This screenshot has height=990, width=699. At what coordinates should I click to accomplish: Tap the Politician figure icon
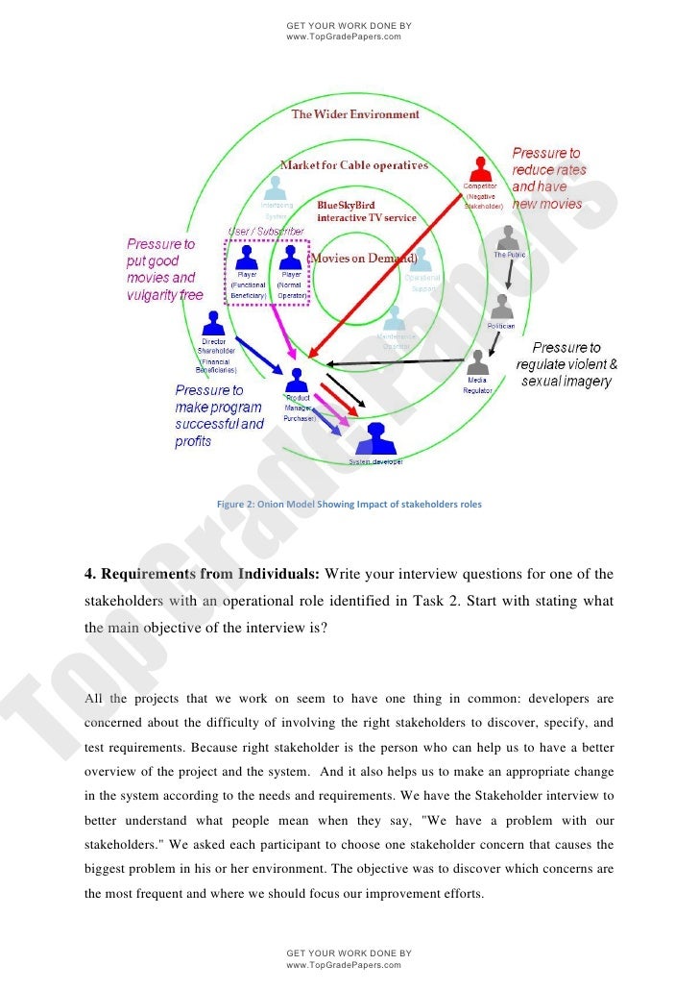pos(501,308)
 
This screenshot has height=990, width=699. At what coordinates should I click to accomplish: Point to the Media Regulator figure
pos(477,362)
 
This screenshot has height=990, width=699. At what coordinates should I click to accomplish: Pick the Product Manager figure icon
pos(297,379)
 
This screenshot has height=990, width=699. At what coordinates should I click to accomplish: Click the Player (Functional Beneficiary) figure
pos(247,257)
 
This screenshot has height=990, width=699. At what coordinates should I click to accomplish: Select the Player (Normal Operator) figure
pos(290,257)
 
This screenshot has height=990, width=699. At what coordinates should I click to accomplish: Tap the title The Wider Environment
pos(355,114)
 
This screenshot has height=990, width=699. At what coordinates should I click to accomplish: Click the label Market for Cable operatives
pos(353,165)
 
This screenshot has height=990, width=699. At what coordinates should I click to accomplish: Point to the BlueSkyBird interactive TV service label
pos(367,211)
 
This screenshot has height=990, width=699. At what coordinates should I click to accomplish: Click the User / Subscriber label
pos(266,232)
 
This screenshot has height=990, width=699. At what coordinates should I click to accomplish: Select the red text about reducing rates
pos(547,178)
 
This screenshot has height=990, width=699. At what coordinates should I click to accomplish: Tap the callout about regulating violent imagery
pos(566,364)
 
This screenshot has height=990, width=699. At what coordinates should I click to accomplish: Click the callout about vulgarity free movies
pos(165,269)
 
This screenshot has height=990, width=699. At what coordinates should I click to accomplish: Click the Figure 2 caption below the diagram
pos(349,504)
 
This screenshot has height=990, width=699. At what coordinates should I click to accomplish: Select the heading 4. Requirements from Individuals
pos(203,575)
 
